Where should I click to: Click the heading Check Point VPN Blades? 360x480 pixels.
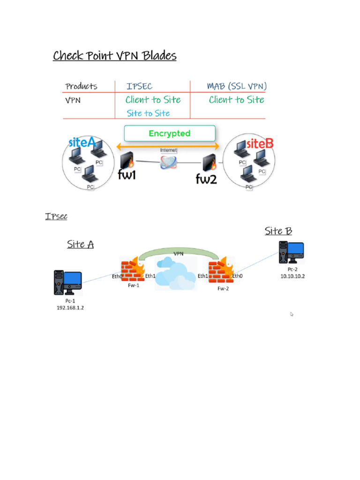tap(114, 56)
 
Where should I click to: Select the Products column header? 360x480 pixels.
tap(82, 86)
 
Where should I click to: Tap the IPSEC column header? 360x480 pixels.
tap(139, 86)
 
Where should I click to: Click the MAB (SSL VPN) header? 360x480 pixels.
tap(237, 86)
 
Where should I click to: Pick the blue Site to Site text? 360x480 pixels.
tap(148, 113)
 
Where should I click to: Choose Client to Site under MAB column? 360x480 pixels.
tap(236, 100)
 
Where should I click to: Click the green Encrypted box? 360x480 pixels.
tap(170, 134)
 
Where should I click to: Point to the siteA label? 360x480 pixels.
tap(82, 142)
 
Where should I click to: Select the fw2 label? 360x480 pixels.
tap(206, 179)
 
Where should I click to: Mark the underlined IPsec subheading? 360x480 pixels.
tap(56, 216)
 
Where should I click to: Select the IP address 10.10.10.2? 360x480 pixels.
tap(292, 276)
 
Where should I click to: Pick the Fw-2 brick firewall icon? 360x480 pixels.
tap(220, 270)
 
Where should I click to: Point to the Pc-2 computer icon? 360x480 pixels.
tap(291, 253)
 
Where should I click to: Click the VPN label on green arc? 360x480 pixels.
tap(179, 253)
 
